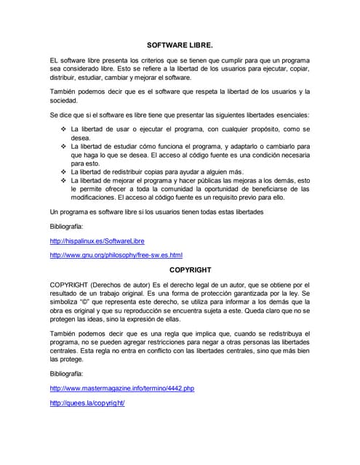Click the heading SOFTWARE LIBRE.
tap(180, 44)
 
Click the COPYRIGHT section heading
tap(180, 270)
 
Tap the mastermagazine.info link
tap(121, 389)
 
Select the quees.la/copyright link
tap(87, 403)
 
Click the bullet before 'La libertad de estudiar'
tap(63, 146)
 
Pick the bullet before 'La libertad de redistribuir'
tap(63, 171)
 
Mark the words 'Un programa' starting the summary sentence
tap(69, 211)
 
